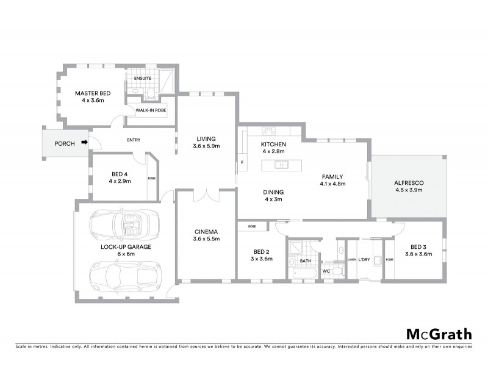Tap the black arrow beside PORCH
(85, 144)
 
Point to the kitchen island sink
(281, 164)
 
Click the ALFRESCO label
(409, 183)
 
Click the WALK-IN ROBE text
(151, 110)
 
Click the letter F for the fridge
(242, 163)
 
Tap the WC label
(326, 270)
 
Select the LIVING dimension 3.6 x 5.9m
(206, 146)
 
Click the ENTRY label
(134, 140)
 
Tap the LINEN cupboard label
(351, 260)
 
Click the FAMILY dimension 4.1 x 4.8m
(334, 184)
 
